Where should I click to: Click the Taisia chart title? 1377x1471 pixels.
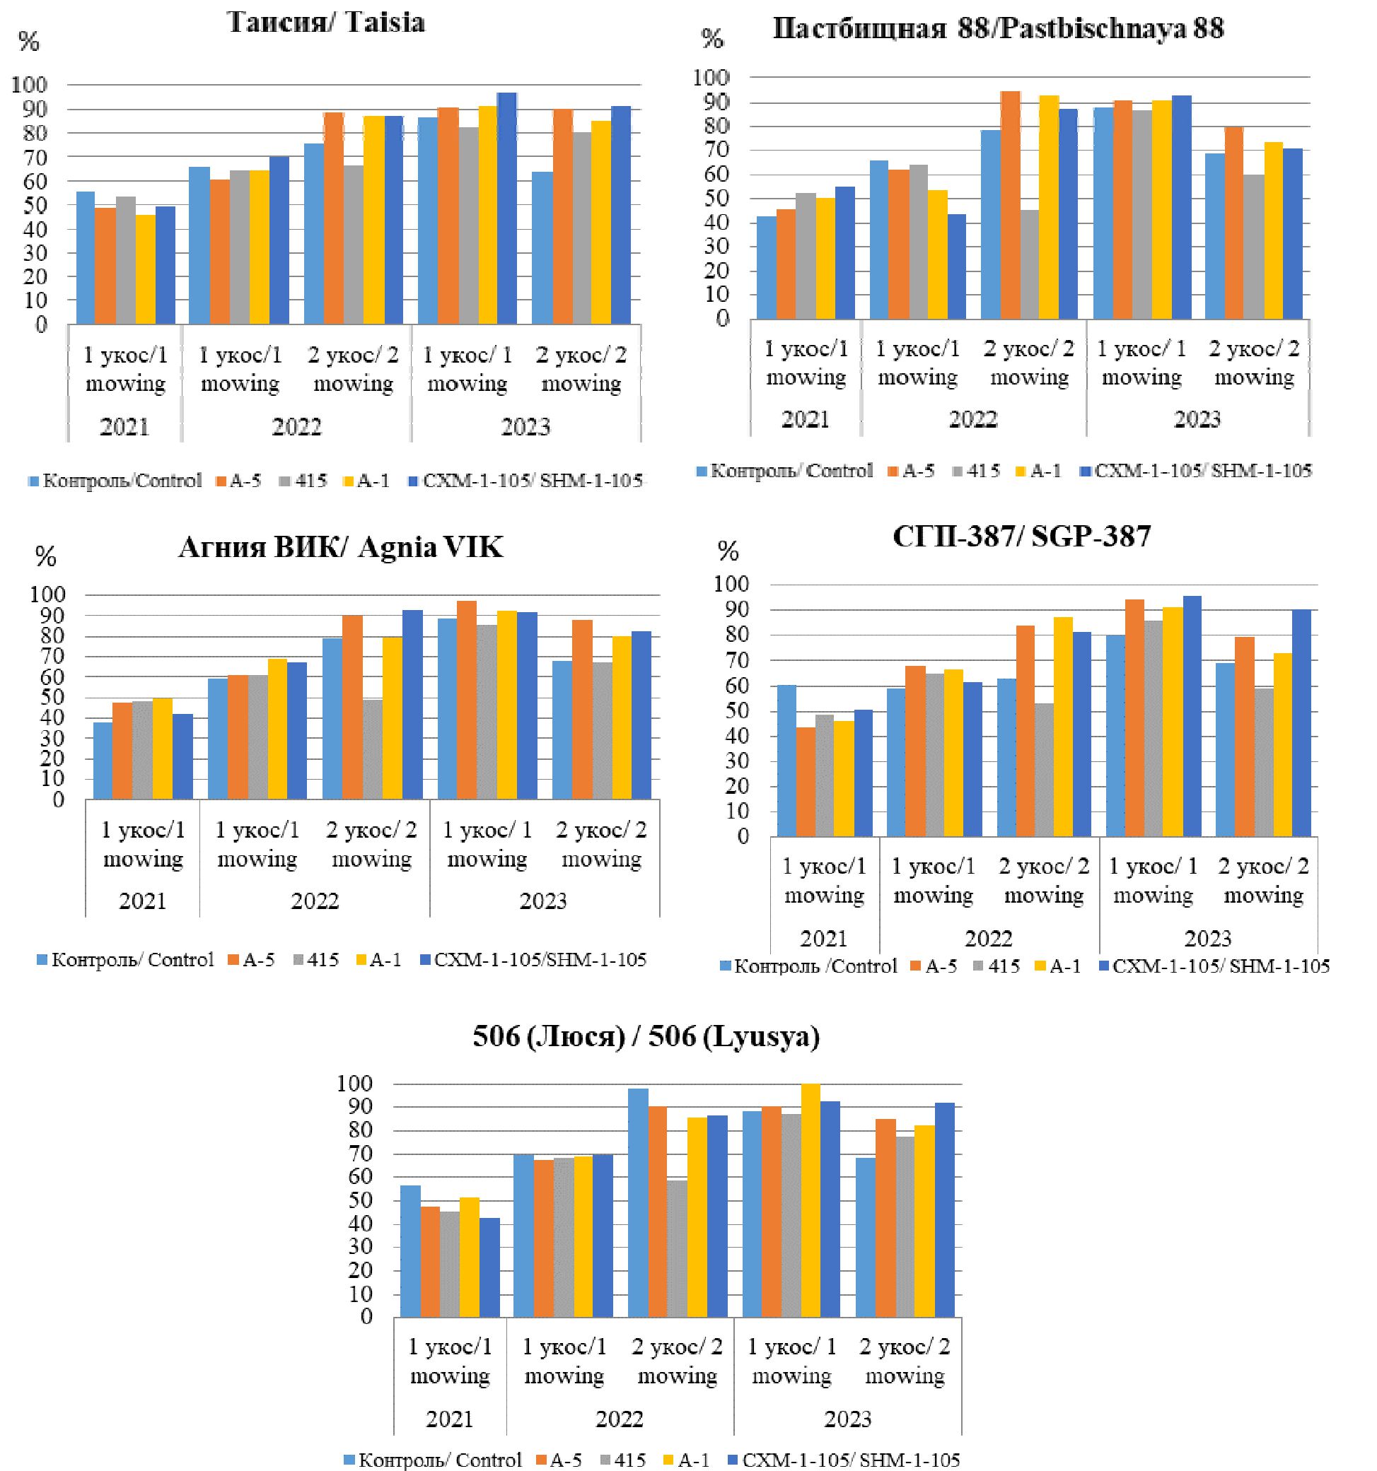tap(326, 23)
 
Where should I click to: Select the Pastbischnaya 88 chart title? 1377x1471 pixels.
tap(998, 29)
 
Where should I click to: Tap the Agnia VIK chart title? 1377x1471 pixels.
tap(341, 548)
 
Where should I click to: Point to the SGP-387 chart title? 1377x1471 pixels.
tap(1022, 536)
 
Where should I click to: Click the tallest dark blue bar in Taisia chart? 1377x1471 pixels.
tap(506, 208)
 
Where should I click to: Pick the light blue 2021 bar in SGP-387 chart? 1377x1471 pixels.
tap(787, 761)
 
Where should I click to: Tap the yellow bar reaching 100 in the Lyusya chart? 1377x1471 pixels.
tap(810, 1200)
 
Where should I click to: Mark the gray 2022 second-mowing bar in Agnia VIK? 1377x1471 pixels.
tap(373, 749)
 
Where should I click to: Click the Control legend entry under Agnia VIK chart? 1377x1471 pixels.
tap(126, 960)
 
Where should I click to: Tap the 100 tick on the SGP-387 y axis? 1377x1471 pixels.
tap(731, 585)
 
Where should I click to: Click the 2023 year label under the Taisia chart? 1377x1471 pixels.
tap(525, 427)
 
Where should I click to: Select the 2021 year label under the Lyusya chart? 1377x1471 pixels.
tap(449, 1419)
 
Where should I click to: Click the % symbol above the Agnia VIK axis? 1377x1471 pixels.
tap(46, 556)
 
